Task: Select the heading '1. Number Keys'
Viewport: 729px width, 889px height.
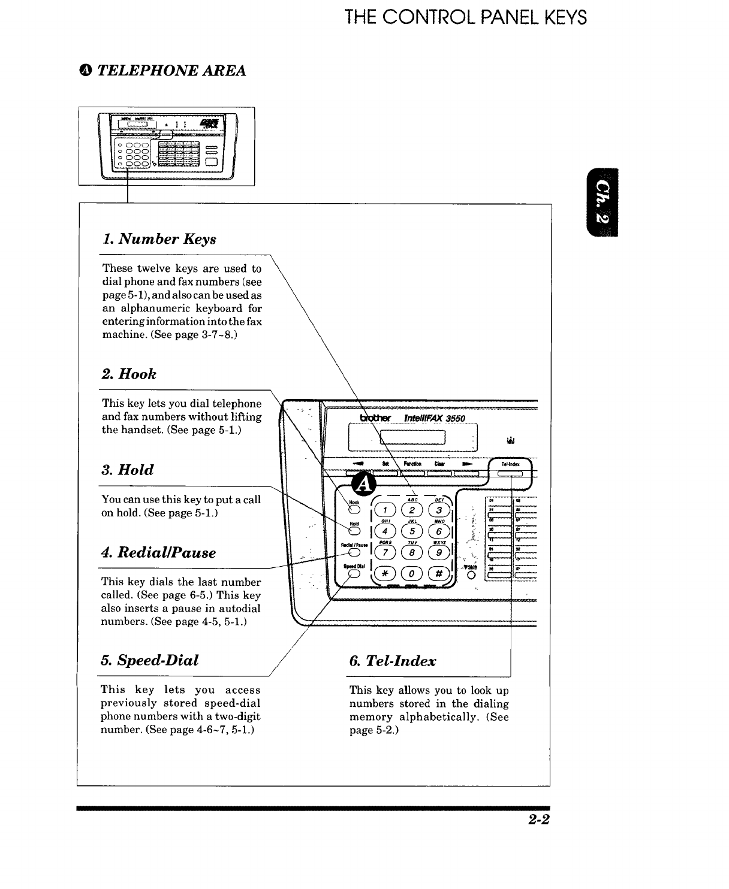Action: tap(159, 239)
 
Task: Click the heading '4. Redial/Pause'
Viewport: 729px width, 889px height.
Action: tap(158, 552)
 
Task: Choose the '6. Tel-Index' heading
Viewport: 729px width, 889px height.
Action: tap(392, 661)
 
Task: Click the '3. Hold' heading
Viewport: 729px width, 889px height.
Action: tap(127, 470)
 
